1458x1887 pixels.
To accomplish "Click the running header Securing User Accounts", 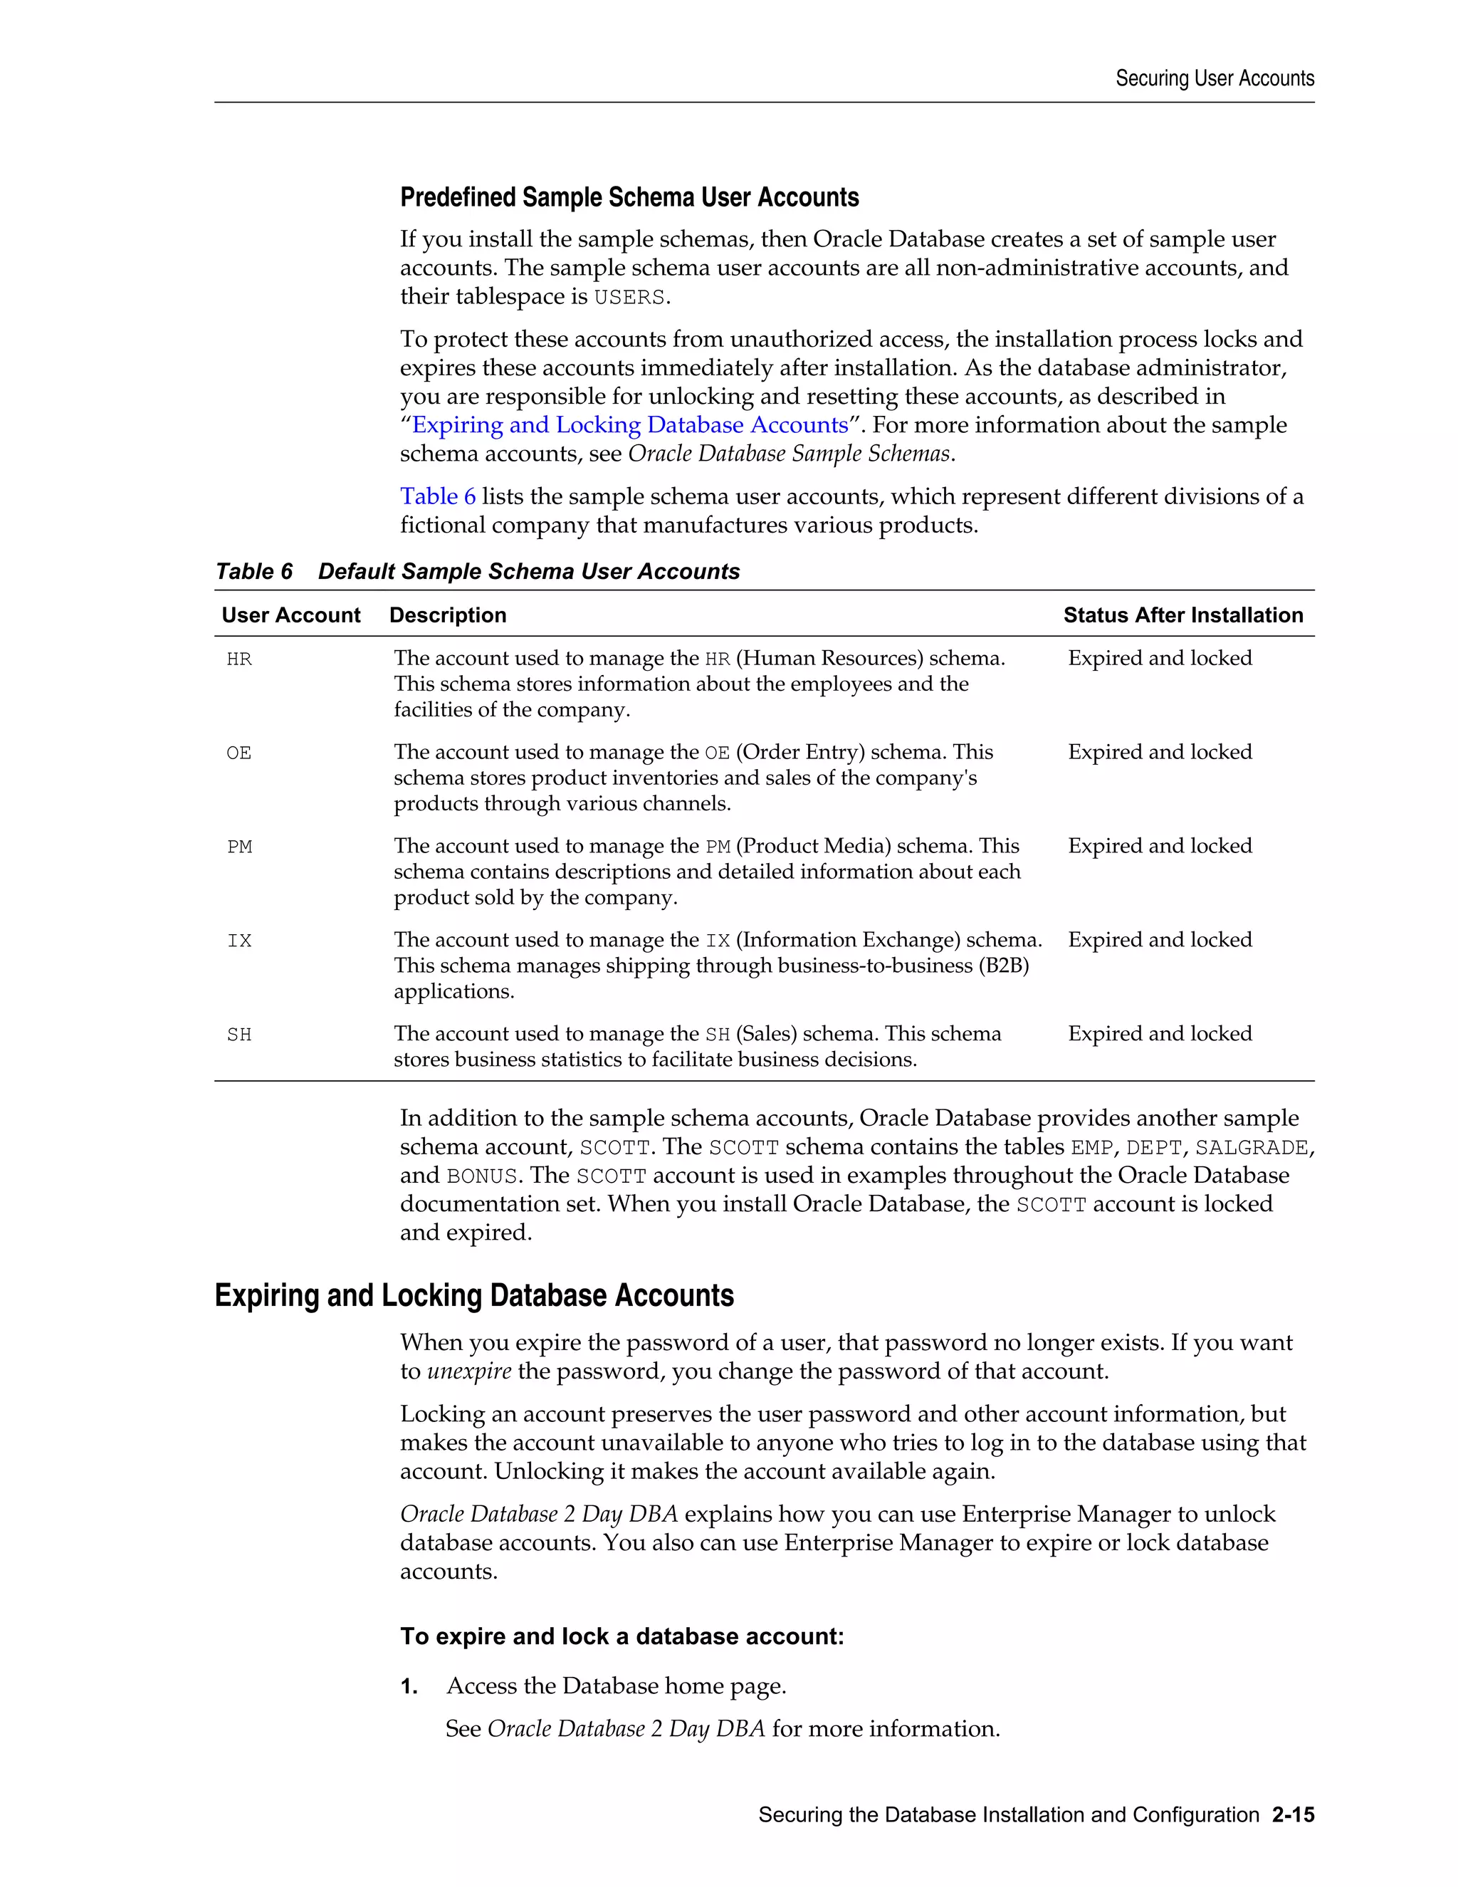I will (1214, 78).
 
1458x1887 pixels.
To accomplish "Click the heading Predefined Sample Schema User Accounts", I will (629, 198).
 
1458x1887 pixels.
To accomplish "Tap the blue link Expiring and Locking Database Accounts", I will (629, 425).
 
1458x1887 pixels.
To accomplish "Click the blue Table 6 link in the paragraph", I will (437, 497).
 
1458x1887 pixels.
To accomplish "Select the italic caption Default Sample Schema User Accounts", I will (529, 572).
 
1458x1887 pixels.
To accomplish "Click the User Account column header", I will (290, 615).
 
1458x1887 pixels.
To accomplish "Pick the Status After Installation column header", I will (1182, 615).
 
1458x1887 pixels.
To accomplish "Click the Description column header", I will (447, 615).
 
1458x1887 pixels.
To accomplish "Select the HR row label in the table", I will (239, 660).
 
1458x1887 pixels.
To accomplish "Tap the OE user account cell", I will (239, 753).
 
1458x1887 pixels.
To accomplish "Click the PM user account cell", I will (240, 847).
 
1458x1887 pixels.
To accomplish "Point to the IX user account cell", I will (239, 941).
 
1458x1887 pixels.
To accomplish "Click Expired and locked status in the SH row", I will (1159, 1034).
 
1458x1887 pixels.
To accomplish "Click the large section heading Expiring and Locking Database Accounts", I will (473, 1296).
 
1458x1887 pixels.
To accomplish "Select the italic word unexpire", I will (469, 1372).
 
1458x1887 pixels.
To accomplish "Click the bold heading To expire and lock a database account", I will (621, 1636).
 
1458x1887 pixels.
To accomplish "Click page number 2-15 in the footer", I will (1292, 1815).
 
